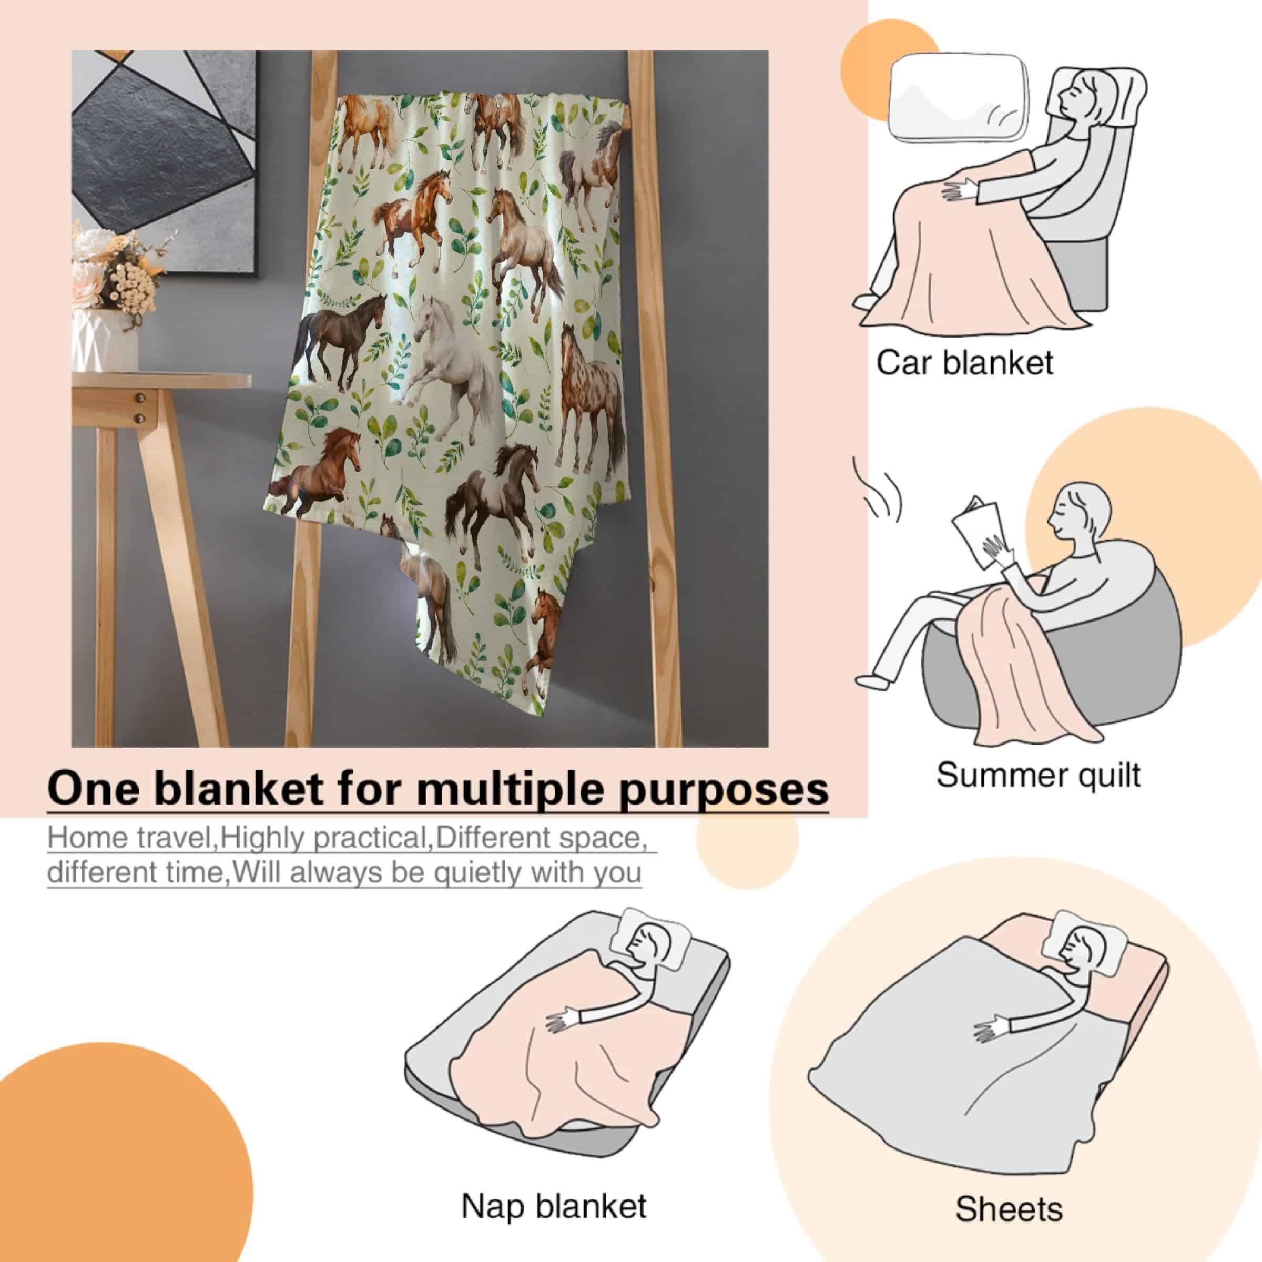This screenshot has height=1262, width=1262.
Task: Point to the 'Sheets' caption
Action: pyautogui.click(x=1009, y=1154)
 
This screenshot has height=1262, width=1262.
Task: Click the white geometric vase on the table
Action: pyautogui.click(x=105, y=340)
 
